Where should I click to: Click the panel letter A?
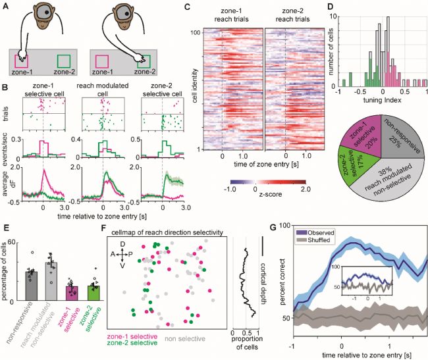point(5,6)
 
